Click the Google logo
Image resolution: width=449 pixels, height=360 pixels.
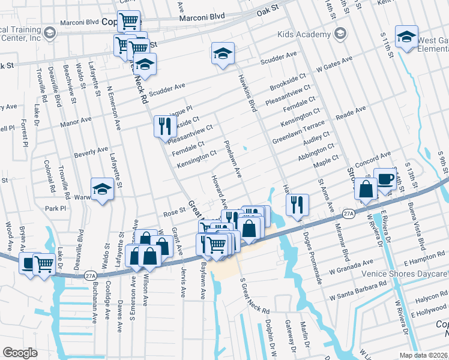pyautogui.click(x=20, y=353)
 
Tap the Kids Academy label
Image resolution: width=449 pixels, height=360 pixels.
pyautogui.click(x=304, y=35)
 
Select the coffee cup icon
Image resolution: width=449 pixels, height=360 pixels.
pyautogui.click(x=385, y=178)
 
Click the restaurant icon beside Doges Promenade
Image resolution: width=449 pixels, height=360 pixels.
pyautogui.click(x=297, y=205)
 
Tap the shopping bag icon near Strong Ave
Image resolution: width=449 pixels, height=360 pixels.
pyautogui.click(x=366, y=188)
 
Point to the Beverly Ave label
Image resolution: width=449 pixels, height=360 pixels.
pyautogui.click(x=91, y=152)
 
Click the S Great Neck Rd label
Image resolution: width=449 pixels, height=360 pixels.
pyautogui.click(x=255, y=296)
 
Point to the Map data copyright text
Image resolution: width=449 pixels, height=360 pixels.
pyautogui.click(x=423, y=355)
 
